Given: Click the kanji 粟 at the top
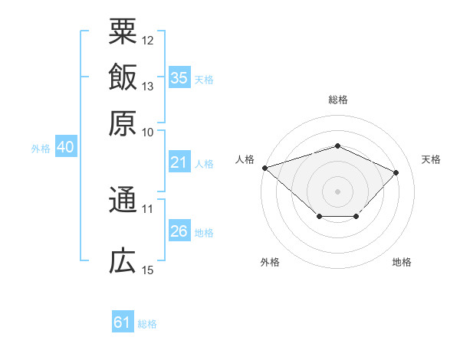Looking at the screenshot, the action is [x=123, y=31].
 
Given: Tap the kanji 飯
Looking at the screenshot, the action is [x=123, y=77].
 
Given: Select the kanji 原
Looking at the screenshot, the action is [x=123, y=123].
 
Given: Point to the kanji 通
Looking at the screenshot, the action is [x=123, y=199].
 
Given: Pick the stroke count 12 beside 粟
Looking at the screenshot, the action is [x=147, y=41].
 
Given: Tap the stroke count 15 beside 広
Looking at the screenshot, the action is [x=147, y=270].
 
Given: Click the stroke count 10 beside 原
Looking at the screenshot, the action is [x=147, y=133].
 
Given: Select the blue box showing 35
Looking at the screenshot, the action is [x=179, y=77].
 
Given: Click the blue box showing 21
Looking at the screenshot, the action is [x=179, y=162].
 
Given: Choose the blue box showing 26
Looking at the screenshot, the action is [x=179, y=230].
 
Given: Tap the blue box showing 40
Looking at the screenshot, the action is [x=66, y=146].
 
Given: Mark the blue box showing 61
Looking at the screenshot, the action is [x=123, y=321].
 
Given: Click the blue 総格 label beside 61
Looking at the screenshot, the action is [x=147, y=324].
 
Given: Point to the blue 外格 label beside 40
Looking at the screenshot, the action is [x=41, y=149].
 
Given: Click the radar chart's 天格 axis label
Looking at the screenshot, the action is [x=431, y=159].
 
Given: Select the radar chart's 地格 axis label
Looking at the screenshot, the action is [x=402, y=262].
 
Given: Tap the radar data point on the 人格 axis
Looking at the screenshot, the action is [x=265, y=168].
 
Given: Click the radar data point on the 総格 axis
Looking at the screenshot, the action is [x=337, y=146].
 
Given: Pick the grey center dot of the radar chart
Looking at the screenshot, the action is [x=337, y=191].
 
